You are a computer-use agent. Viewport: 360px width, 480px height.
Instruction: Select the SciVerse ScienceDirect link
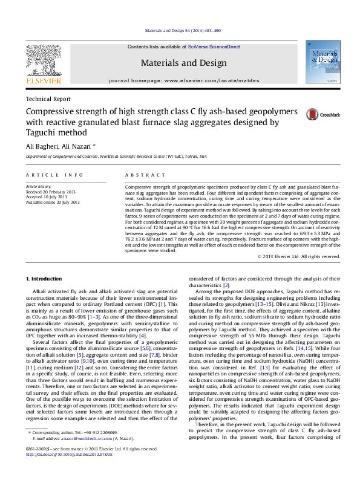coord(214,47)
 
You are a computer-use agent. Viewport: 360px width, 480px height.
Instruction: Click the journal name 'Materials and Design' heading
coord(184,63)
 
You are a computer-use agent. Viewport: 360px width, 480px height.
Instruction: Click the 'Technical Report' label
coord(47,99)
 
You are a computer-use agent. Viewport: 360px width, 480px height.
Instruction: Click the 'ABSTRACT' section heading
coord(145,175)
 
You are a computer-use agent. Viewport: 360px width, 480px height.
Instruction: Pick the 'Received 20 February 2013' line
coord(52,192)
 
